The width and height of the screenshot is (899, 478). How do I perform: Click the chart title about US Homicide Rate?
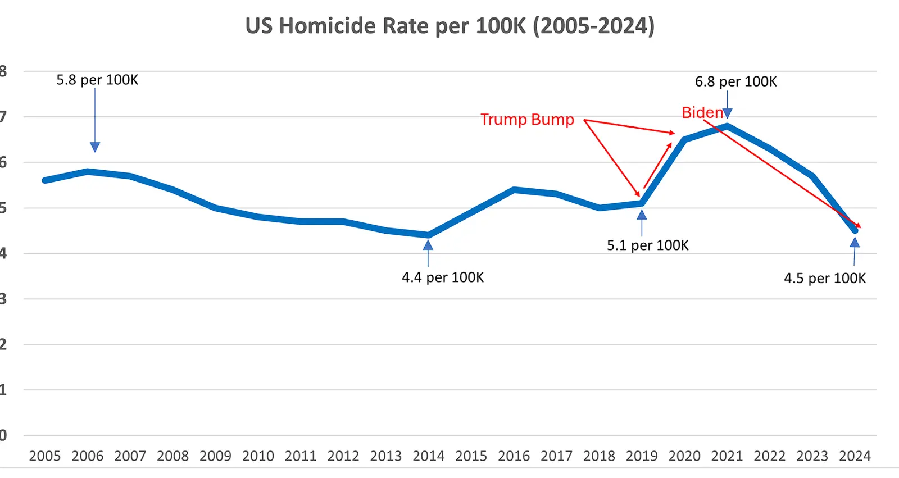(x=449, y=26)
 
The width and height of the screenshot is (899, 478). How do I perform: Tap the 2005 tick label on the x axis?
(x=44, y=456)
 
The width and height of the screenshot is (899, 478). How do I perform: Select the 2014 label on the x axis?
(x=428, y=456)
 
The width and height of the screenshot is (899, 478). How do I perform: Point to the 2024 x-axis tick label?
(x=855, y=456)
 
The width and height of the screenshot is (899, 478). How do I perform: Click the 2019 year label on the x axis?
(x=642, y=456)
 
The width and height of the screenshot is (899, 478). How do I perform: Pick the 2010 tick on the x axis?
(x=258, y=456)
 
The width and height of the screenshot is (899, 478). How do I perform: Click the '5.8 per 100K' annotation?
(x=97, y=80)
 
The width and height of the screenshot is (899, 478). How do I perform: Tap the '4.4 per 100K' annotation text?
(x=443, y=277)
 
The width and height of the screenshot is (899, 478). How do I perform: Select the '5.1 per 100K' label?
(x=647, y=245)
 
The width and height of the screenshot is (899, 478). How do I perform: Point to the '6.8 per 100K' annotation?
(x=735, y=81)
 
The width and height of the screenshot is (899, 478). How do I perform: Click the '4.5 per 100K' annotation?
(x=825, y=278)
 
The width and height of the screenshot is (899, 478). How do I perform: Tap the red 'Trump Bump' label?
(x=527, y=120)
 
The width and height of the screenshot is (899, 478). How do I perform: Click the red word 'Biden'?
(x=702, y=112)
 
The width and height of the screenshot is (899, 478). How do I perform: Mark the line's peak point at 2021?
(x=727, y=126)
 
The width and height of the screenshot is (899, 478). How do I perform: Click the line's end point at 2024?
(x=855, y=230)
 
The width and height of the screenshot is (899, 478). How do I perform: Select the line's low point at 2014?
(x=428, y=235)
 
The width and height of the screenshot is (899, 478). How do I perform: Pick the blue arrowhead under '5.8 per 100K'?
(x=95, y=147)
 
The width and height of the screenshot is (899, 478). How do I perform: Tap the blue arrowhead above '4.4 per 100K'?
(x=428, y=245)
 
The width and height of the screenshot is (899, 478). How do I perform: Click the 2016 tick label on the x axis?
(x=514, y=456)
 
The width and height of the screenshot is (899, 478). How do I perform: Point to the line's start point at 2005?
(x=45, y=180)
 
